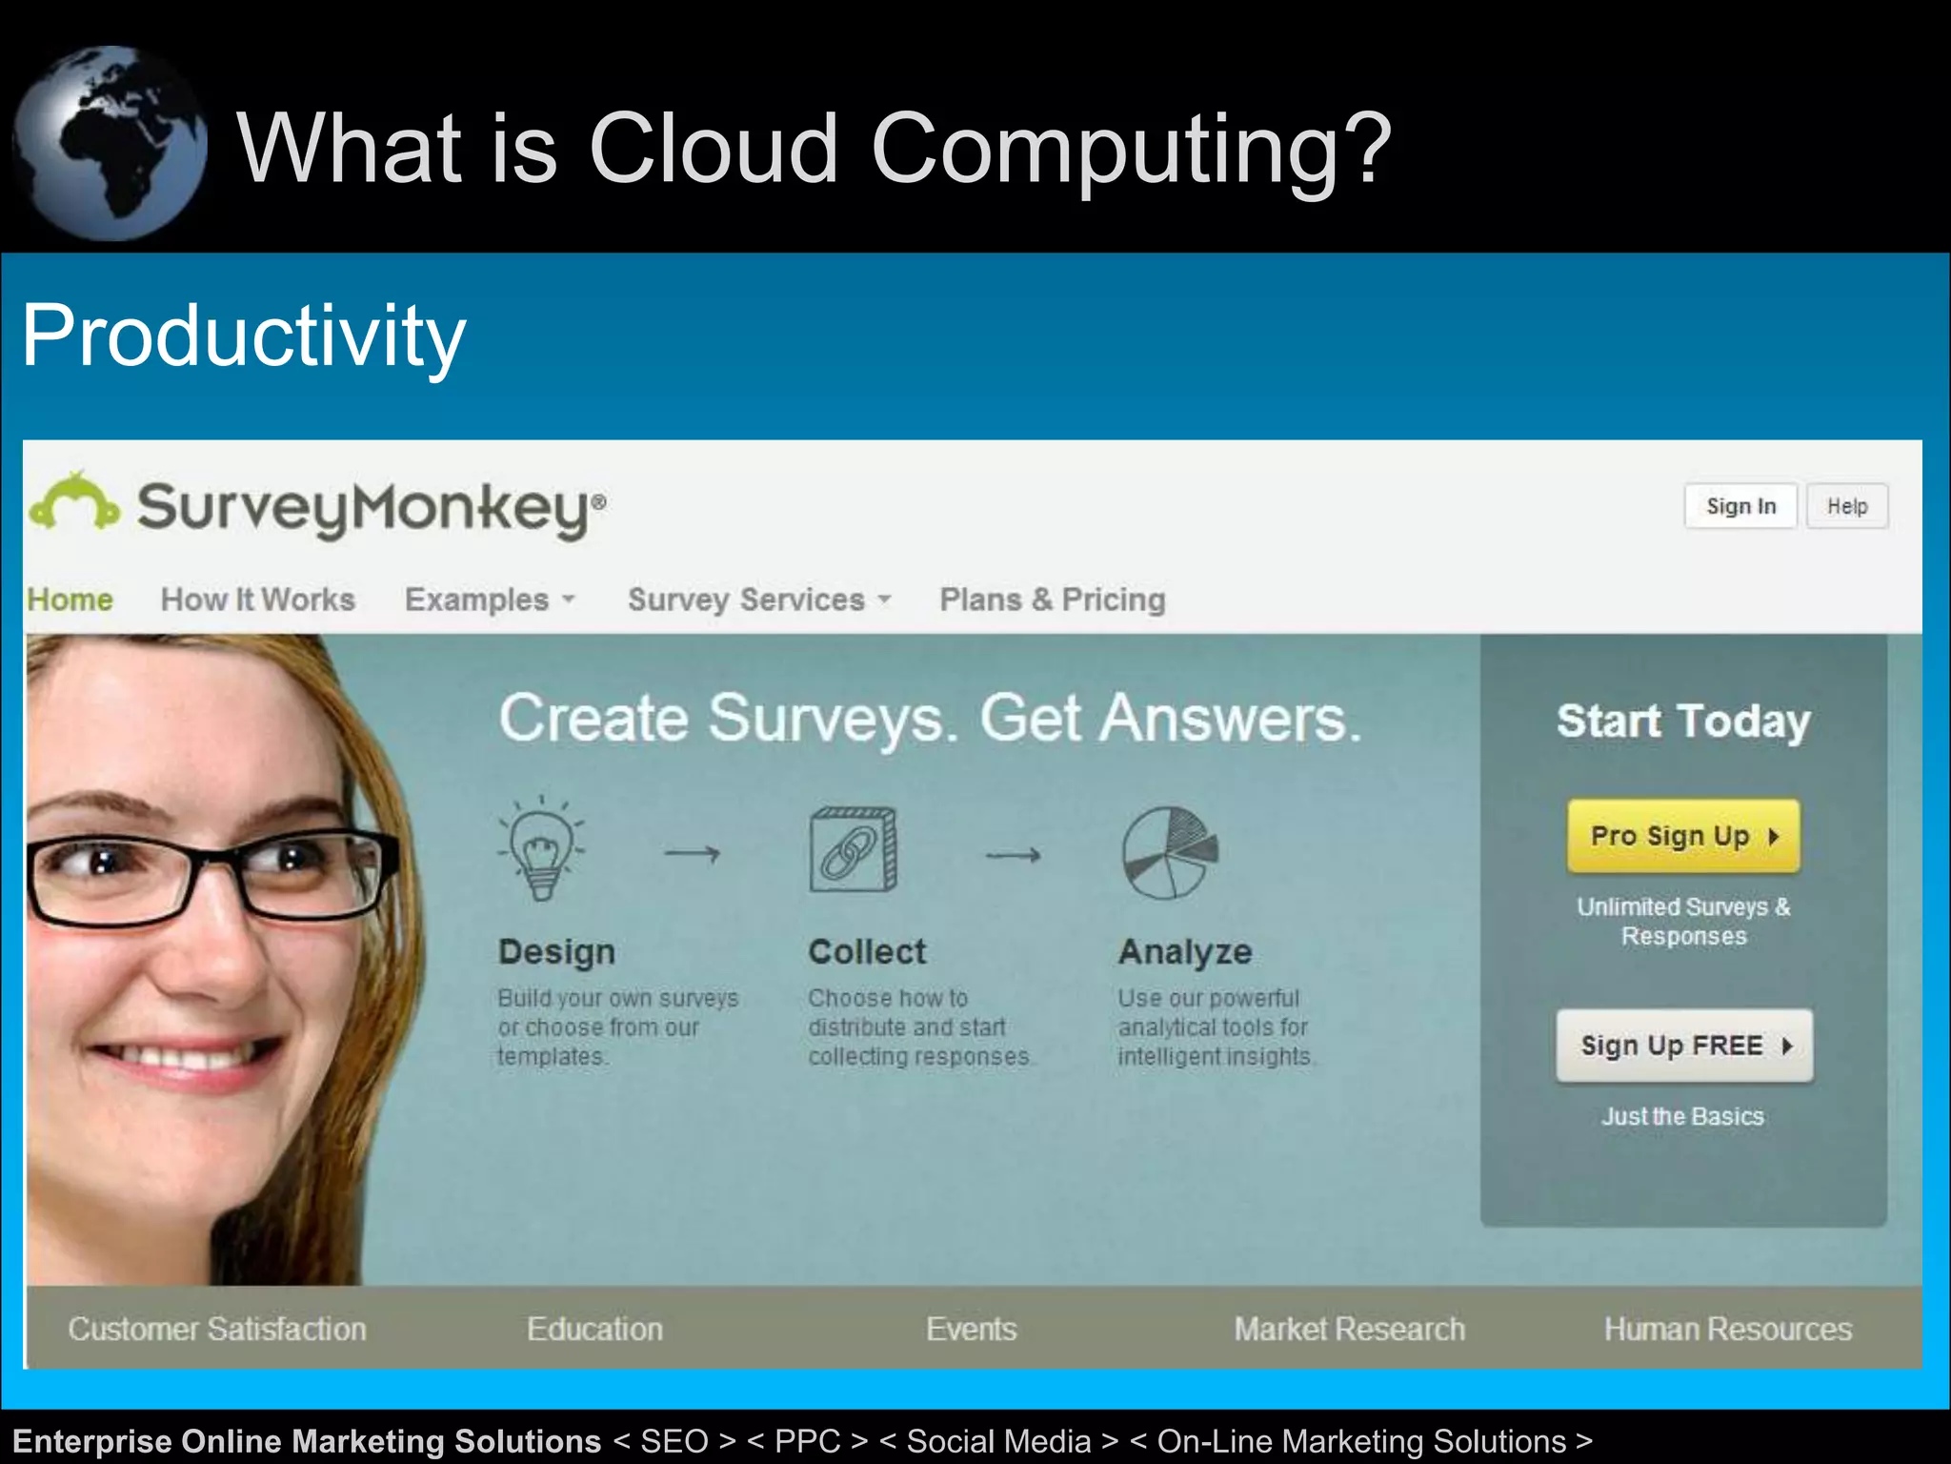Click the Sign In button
click(1740, 506)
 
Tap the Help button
click(1846, 506)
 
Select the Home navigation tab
click(70, 600)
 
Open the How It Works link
click(257, 600)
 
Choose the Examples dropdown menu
click(490, 600)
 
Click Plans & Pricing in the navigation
click(1052, 600)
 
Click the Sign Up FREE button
click(1683, 1046)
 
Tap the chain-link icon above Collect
click(853, 849)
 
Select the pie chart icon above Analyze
click(1169, 852)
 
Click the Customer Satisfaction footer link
click(217, 1329)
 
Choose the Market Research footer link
click(1349, 1329)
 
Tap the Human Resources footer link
click(1727, 1329)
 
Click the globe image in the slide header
click(110, 143)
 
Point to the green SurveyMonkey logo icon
click(74, 501)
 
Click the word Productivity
click(243, 335)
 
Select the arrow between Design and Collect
click(693, 853)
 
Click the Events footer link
click(971, 1329)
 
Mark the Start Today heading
click(1683, 722)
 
